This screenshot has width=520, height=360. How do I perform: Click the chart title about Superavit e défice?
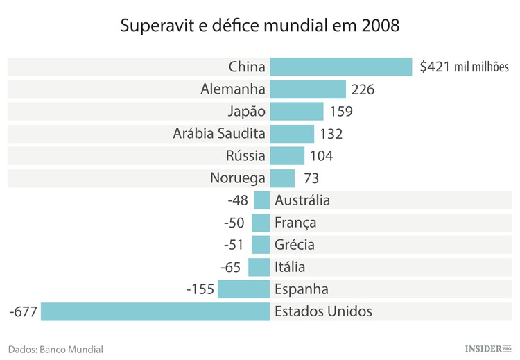(x=260, y=26)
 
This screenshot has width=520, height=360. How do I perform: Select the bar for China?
(x=341, y=67)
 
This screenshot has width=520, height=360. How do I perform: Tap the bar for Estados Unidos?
(x=155, y=311)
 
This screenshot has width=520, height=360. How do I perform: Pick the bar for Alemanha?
(x=308, y=89)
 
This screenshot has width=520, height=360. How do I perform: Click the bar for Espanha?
(x=243, y=289)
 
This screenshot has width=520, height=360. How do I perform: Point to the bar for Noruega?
(x=282, y=178)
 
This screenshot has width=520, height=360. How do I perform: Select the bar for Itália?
(x=259, y=266)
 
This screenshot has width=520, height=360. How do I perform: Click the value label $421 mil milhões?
(x=465, y=67)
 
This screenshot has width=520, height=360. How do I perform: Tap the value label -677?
(x=23, y=311)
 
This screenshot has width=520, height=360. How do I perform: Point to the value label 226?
(x=363, y=89)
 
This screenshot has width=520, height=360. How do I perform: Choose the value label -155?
(x=200, y=289)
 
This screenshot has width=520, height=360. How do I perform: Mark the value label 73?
(x=311, y=178)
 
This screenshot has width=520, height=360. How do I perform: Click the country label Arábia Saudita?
(x=219, y=134)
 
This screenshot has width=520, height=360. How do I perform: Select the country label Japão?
(x=246, y=112)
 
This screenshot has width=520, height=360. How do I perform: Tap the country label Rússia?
(x=245, y=156)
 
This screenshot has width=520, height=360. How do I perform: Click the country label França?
(x=295, y=223)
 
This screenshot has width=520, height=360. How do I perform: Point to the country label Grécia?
(x=295, y=244)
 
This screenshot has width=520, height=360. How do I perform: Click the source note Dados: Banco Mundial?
(x=55, y=350)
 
